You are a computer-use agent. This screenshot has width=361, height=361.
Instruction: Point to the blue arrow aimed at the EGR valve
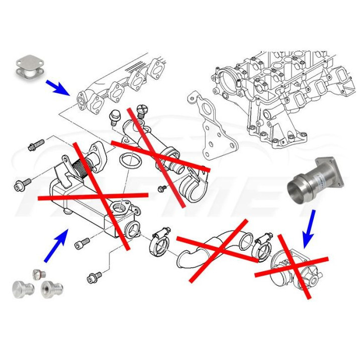click(x=309, y=228)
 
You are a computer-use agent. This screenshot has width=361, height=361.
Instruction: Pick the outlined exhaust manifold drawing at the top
click(x=120, y=85)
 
